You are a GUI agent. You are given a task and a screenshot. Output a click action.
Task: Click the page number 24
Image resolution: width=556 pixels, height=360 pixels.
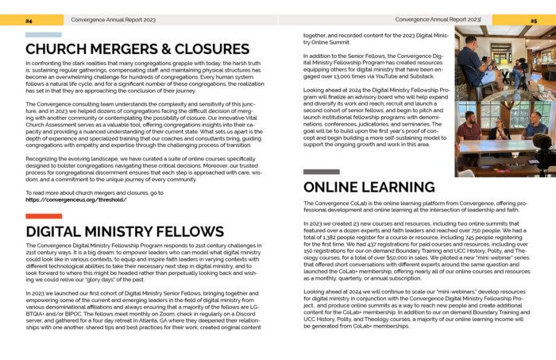coord(29,20)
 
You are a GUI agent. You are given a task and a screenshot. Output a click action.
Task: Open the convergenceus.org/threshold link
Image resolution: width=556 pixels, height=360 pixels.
coord(75,199)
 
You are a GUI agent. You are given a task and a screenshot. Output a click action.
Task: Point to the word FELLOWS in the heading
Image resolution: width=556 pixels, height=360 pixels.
coord(190,231)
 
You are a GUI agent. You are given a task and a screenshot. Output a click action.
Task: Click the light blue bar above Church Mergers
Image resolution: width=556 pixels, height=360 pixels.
coord(43,35)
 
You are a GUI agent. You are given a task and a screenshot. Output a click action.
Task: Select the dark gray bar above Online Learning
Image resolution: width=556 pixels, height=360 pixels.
coord(321,172)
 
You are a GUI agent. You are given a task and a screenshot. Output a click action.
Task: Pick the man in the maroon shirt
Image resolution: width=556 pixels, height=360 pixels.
coord(469,128)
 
